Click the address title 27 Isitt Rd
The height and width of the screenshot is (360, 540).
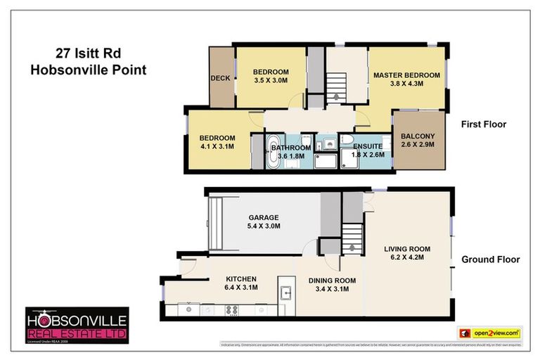click(x=87, y=53)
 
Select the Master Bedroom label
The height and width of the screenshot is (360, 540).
click(x=406, y=75)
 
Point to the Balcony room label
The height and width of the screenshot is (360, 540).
click(x=418, y=136)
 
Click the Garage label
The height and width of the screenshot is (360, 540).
click(x=264, y=218)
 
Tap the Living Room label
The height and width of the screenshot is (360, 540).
click(x=407, y=249)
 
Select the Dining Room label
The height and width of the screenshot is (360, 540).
click(x=332, y=281)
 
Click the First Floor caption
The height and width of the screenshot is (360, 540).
click(x=484, y=124)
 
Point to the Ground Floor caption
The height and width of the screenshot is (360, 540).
click(x=490, y=259)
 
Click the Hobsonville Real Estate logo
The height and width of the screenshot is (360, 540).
click(x=77, y=325)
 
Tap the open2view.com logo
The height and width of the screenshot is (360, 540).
click(x=490, y=332)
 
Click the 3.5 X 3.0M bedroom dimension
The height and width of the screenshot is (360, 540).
click(x=271, y=81)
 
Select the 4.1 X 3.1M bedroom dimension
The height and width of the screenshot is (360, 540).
click(x=216, y=146)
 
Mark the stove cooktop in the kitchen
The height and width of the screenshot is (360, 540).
click(x=232, y=309)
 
